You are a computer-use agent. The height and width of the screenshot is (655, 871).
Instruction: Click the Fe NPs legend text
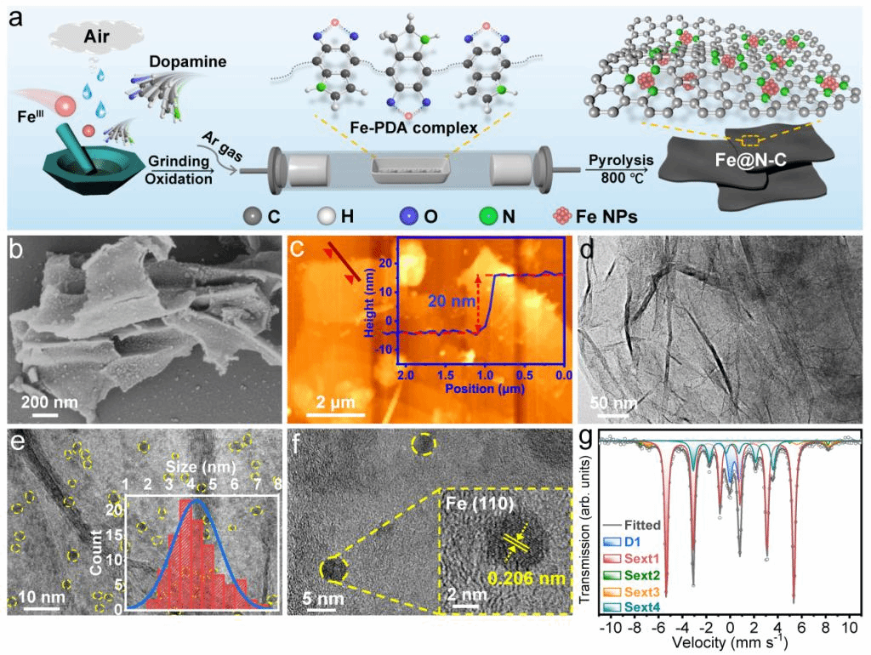coord(607,216)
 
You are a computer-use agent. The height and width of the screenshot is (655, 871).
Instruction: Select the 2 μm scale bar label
coord(336,401)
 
